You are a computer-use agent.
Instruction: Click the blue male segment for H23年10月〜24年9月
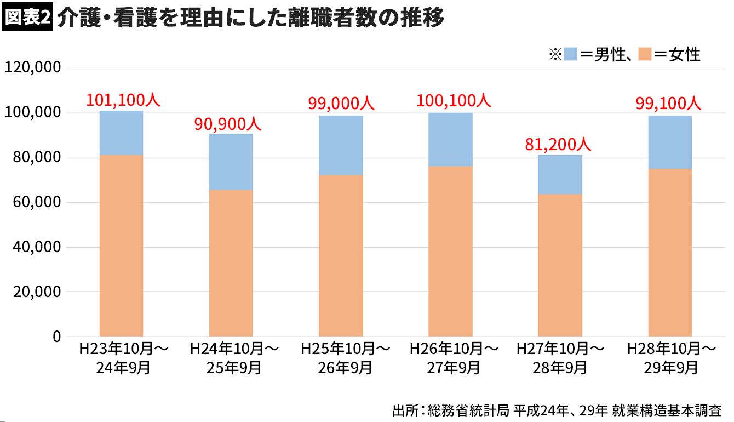[121, 133]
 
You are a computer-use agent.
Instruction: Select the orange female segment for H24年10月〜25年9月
[231, 263]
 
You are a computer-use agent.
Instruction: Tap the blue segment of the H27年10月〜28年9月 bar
[560, 174]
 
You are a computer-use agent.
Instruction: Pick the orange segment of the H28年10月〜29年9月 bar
[670, 252]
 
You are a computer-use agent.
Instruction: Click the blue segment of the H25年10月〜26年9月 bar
[341, 145]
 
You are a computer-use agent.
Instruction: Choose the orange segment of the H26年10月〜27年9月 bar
[450, 251]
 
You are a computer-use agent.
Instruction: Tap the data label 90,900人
[228, 124]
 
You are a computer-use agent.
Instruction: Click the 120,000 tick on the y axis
[32, 69]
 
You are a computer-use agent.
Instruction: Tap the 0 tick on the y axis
[56, 337]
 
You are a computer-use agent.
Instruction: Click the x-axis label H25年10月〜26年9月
[345, 357]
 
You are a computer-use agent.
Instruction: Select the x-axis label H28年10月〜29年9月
[672, 357]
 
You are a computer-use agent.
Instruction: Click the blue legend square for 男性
[571, 54]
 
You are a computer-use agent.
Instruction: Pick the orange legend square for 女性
[645, 54]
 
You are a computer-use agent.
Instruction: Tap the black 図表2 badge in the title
[27, 18]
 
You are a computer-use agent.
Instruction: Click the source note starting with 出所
[557, 410]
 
